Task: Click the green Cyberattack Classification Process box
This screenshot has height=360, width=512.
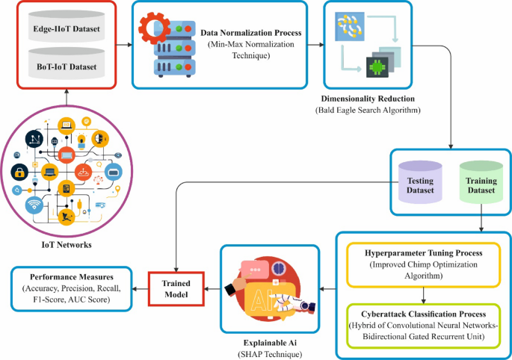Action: (x=422, y=322)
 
